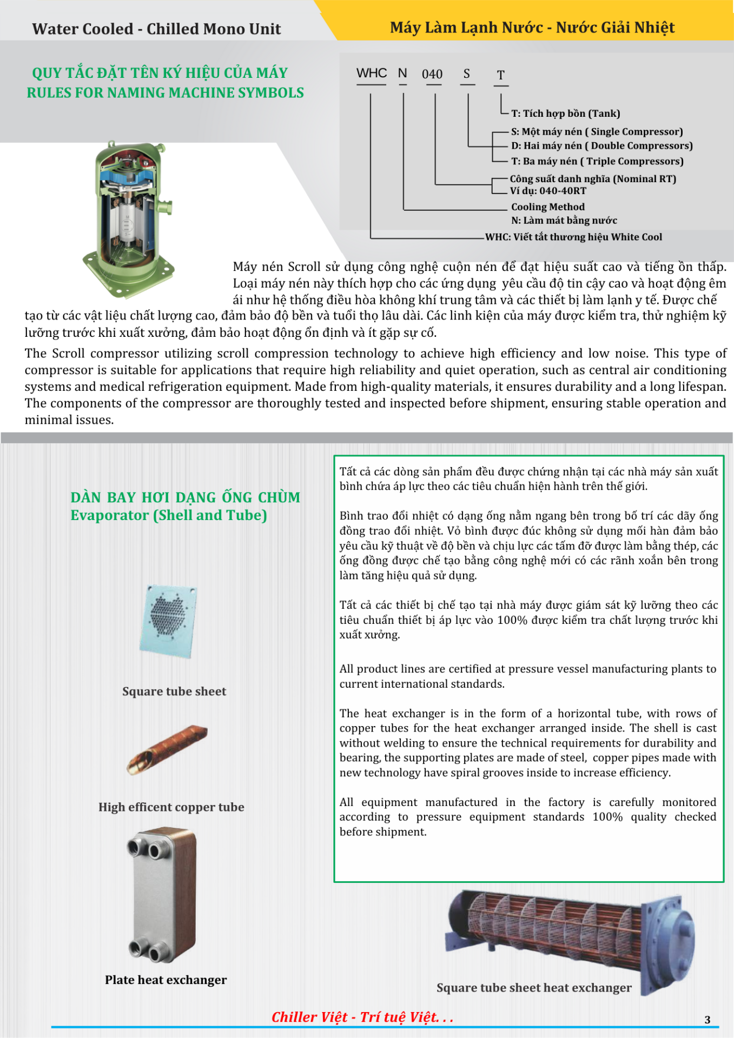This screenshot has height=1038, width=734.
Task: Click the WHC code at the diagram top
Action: [372, 73]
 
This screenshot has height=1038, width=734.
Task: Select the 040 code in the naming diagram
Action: [432, 74]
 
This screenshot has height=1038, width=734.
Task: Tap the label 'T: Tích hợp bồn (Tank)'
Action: [565, 114]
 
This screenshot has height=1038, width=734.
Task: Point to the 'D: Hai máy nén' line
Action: [601, 146]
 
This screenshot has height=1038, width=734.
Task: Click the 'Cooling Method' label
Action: [547, 207]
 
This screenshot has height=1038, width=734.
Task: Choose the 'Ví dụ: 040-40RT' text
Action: [547, 191]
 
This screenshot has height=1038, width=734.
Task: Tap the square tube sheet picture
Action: [168, 620]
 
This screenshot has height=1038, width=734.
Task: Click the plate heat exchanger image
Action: [163, 895]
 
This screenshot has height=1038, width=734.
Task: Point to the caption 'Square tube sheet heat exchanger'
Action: [534, 988]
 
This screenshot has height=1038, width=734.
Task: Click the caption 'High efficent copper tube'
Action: [171, 807]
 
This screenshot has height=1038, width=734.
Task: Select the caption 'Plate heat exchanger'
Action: [166, 980]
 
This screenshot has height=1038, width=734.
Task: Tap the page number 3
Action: [707, 1020]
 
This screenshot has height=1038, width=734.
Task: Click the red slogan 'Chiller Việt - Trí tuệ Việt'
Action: [362, 1017]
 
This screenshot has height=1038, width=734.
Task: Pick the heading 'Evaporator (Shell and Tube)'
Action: [168, 515]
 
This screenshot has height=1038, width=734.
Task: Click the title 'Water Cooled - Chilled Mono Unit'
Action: [156, 29]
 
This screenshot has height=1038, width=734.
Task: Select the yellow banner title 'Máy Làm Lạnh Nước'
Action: [532, 28]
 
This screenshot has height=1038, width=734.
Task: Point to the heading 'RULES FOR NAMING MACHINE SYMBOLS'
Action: [165, 93]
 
